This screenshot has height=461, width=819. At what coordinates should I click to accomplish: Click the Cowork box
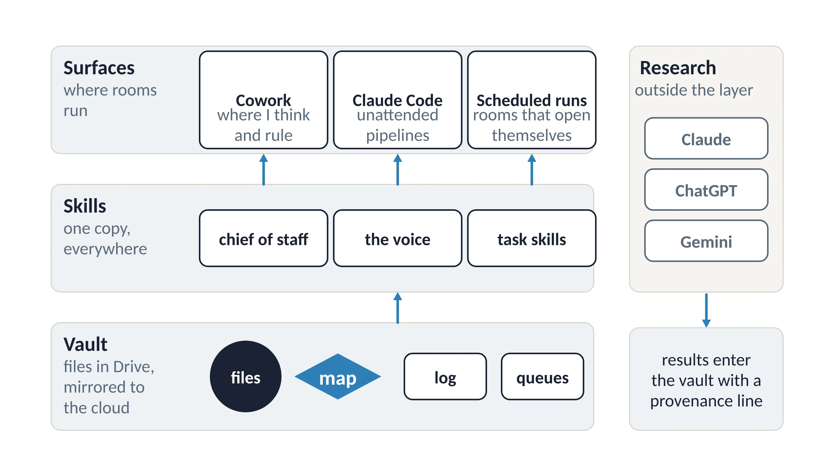pos(263,100)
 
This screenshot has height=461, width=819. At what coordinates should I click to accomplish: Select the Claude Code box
pos(397,100)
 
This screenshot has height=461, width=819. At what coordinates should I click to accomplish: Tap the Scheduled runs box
pos(532,100)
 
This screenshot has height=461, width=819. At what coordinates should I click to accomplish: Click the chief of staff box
pos(263,238)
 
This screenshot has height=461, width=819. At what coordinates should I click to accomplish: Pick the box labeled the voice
pos(397,238)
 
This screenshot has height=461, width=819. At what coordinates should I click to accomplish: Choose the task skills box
pos(532,238)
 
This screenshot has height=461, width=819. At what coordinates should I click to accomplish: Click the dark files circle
pos(245,376)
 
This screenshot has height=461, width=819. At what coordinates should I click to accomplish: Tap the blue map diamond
pos(338,376)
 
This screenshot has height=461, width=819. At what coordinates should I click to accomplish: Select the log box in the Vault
pos(445,376)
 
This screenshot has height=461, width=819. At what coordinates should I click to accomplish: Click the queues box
pos(542,376)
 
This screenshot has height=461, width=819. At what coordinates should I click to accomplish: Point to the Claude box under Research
pos(706,138)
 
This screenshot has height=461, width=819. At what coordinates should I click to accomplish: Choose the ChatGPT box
pos(706,190)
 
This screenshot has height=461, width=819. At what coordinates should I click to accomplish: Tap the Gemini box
pos(706,241)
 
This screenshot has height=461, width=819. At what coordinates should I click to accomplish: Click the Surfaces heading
pos(99,68)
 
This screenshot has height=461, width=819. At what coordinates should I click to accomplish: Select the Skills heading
pos(85,206)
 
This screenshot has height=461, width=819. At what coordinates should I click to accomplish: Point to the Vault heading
pos(85,344)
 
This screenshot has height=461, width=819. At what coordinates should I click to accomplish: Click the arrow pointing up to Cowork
pos(263,170)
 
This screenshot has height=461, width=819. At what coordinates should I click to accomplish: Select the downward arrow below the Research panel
pos(706,310)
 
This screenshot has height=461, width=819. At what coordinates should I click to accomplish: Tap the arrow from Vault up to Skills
pos(397,308)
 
